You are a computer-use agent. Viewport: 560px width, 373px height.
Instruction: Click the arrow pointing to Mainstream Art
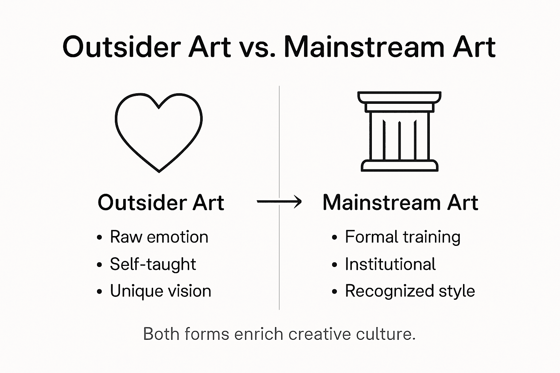pos(279,201)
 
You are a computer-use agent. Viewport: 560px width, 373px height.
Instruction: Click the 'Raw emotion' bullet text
pos(159,237)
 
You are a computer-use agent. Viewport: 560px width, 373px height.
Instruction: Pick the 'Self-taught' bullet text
pos(153,264)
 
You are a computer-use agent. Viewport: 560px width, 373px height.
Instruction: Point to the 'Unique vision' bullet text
pos(160,291)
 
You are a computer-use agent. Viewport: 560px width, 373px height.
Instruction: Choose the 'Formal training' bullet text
pos(402,237)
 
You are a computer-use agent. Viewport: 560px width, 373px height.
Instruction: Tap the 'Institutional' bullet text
pos(390,264)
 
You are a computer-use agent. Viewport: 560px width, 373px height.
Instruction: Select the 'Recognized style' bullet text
pos(410,291)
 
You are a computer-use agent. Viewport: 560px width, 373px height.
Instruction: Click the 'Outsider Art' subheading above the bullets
pos(161,203)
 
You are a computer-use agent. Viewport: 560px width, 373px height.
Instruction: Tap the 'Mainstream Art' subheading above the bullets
pos(400,203)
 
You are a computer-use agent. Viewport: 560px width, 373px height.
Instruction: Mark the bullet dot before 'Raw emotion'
pos(100,238)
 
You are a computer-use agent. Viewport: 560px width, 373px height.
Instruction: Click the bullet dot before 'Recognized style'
pos(335,292)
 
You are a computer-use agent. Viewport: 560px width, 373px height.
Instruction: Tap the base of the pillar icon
pos(399,166)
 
